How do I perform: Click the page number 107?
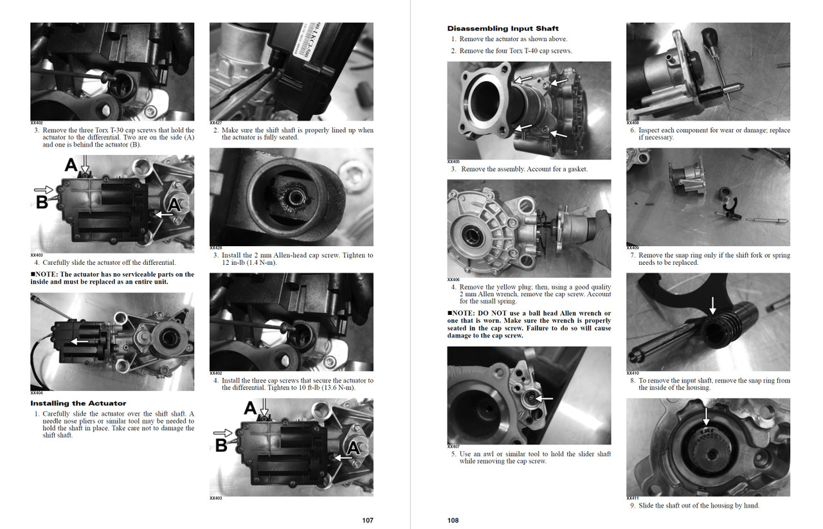[x=367, y=520]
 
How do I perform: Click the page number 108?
[x=453, y=520]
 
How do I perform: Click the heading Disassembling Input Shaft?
[x=503, y=28]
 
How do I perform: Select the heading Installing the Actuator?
[x=78, y=403]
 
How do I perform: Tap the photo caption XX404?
[x=37, y=393]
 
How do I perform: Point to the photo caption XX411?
[x=632, y=498]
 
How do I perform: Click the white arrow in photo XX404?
[x=79, y=342]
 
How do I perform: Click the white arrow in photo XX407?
[x=544, y=399]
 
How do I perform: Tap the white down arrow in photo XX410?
[x=712, y=306]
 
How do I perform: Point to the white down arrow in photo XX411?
[x=706, y=417]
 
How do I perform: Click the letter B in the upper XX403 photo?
[x=42, y=202]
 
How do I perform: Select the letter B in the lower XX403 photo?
[x=221, y=445]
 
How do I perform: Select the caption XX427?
[x=215, y=123]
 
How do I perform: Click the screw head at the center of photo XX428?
[x=294, y=197]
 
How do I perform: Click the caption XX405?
[x=453, y=161]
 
